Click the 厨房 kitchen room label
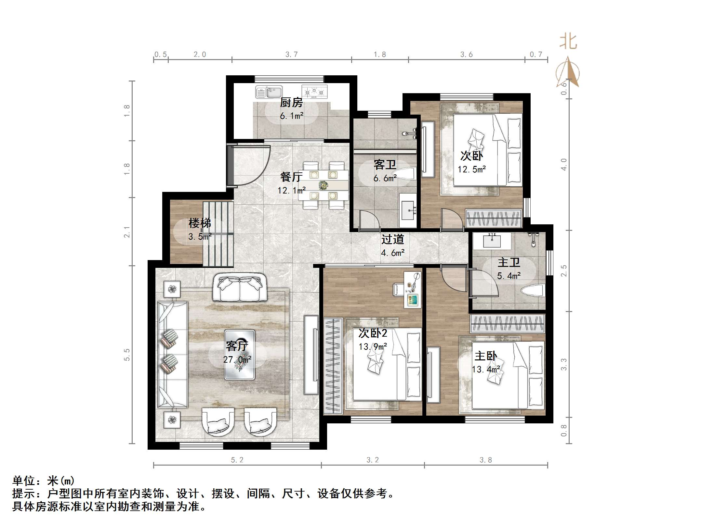(x=291, y=103)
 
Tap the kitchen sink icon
(x=269, y=92)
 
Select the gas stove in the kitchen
(x=314, y=92)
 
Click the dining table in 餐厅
(x=324, y=185)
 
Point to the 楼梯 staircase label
(x=200, y=223)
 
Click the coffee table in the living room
(x=240, y=355)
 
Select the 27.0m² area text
(x=237, y=360)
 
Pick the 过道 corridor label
(x=392, y=240)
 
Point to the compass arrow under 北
(x=568, y=72)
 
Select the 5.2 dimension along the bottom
(x=237, y=460)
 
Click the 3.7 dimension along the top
(x=291, y=55)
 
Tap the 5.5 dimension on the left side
(x=127, y=355)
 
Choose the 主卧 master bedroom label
(x=485, y=356)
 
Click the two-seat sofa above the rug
(x=240, y=287)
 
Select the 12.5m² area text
(x=472, y=169)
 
